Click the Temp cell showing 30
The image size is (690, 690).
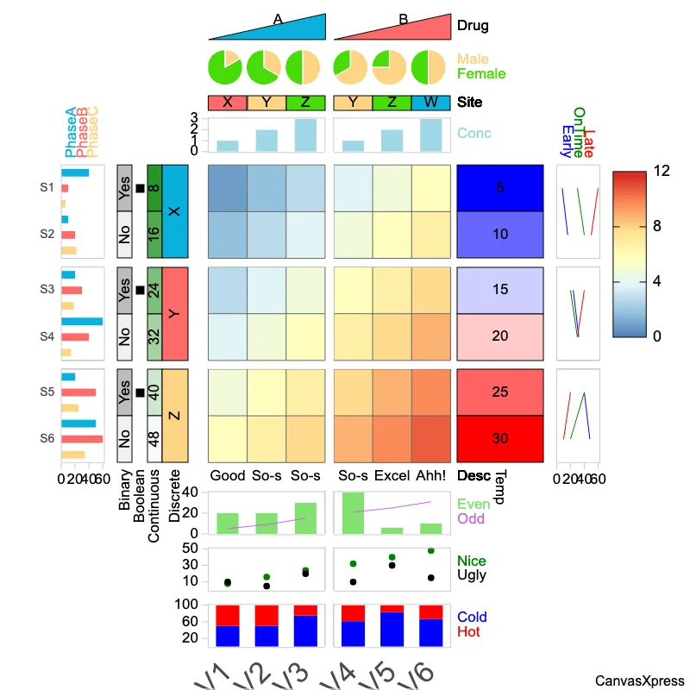point(500,438)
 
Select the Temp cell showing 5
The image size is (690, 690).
point(500,187)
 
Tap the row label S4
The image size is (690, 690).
point(47,336)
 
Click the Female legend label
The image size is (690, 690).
point(481,74)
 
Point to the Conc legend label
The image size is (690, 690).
point(474,134)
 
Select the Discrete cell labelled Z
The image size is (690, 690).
point(175,415)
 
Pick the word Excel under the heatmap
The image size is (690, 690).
point(392,475)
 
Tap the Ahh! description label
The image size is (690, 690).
point(430,475)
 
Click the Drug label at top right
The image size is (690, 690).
point(473,26)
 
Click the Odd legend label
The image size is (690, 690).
point(471,518)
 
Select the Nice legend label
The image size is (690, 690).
point(472,561)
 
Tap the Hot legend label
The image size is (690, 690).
point(469,632)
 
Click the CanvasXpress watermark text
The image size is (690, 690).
point(639,681)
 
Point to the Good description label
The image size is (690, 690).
point(228,475)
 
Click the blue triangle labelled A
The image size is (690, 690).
point(276,28)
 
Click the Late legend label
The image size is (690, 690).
point(589,138)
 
